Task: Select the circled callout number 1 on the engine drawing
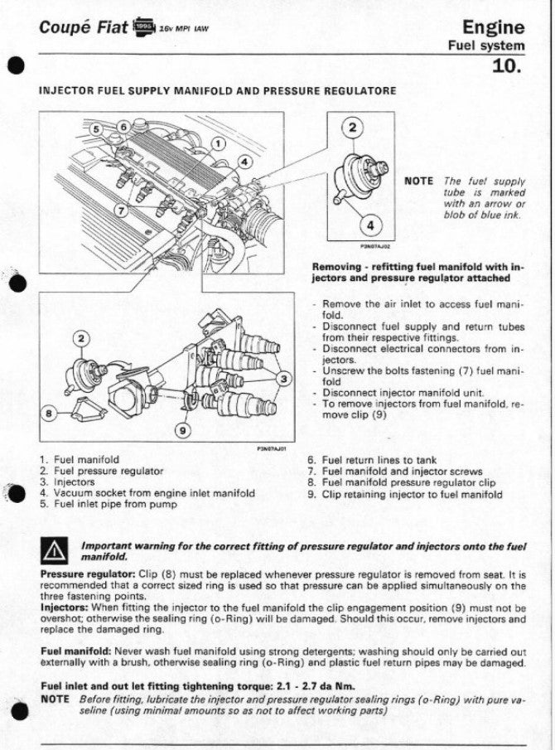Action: [217, 143]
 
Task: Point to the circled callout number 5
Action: [96, 128]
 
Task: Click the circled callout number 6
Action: [123, 127]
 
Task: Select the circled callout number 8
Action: [50, 411]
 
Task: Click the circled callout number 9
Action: [184, 429]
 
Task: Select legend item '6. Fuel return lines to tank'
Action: [372, 460]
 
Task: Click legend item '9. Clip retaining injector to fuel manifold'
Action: [404, 494]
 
